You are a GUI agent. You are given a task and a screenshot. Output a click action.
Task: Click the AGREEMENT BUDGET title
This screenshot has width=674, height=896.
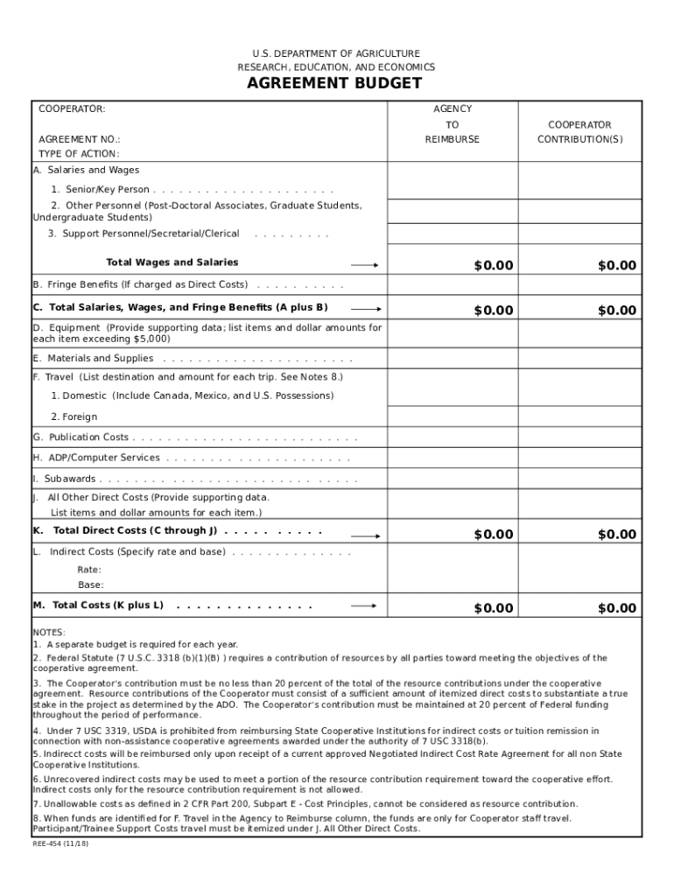coord(334,84)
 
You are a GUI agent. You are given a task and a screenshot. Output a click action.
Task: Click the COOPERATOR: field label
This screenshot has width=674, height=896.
coord(72,109)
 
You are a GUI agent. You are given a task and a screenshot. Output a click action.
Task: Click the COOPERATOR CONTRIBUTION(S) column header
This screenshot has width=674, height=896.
coord(579,132)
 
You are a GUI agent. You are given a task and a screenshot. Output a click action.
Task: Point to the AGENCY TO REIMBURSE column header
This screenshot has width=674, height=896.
coord(453,124)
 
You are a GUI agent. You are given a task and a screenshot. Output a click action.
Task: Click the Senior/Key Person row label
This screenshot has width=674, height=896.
coord(100,190)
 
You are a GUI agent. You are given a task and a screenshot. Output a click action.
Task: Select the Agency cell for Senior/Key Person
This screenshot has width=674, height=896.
coord(453,181)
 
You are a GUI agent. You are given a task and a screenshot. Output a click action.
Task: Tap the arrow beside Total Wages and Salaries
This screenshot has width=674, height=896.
coord(365,265)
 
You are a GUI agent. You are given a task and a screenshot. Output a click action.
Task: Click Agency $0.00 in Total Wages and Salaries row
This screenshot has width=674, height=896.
coord(494,266)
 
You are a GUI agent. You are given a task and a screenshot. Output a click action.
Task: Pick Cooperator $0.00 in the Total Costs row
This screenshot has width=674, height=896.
coord(617,608)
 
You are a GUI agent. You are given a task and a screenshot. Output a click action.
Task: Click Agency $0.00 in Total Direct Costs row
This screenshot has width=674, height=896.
coord(494,535)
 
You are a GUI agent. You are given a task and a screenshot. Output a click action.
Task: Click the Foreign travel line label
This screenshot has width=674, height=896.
coord(74,417)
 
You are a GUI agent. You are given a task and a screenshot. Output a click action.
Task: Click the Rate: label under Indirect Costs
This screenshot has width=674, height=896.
coord(89,570)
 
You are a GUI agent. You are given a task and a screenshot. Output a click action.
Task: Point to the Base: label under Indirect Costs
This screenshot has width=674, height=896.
coord(90,585)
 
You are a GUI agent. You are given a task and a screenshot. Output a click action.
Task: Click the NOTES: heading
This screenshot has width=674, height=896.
coord(49,632)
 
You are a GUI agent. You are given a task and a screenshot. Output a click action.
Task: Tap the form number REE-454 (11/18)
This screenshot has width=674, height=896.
coord(60,844)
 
